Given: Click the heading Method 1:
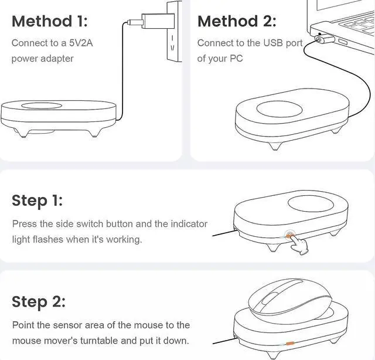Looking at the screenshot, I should (x=49, y=21).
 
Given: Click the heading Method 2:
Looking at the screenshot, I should (x=237, y=21).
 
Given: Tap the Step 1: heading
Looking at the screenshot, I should (x=37, y=201).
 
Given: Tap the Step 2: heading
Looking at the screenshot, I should (x=39, y=302).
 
